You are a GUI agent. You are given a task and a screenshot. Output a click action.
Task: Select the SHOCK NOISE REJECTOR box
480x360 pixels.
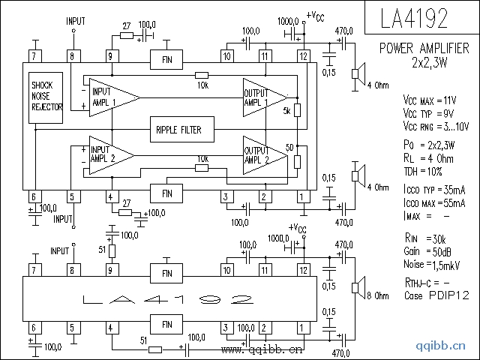pyautogui.click(x=46, y=97)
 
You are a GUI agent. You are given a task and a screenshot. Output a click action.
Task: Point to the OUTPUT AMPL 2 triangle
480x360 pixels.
pyautogui.click(x=262, y=154)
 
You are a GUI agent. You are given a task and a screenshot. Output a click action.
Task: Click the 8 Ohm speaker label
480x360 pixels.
pyautogui.click(x=379, y=296)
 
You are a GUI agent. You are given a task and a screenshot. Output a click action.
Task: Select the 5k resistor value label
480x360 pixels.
pyautogui.click(x=286, y=111)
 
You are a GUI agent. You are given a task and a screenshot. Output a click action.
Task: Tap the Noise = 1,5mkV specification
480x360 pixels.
pyautogui.click(x=430, y=264)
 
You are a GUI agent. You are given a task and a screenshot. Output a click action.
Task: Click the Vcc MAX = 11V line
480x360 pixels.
pyautogui.click(x=429, y=99)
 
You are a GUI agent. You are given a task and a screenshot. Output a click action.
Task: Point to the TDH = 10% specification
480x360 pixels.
pyautogui.click(x=424, y=171)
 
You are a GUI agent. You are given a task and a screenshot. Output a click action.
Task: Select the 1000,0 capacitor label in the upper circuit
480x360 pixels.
pyautogui.click(x=289, y=22)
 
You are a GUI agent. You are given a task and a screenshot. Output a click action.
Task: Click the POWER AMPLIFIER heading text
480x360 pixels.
pyautogui.click(x=424, y=49)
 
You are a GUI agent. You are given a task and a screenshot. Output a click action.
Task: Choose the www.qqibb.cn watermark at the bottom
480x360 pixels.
pyautogui.click(x=262, y=349)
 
